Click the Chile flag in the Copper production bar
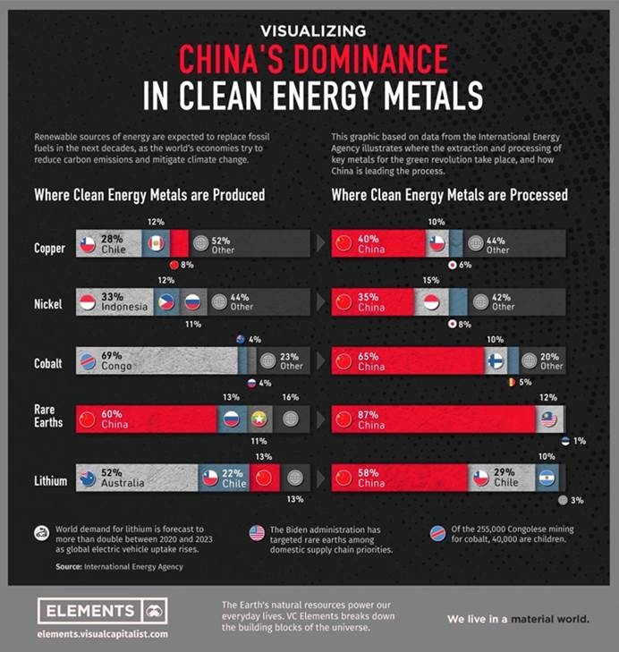click(87, 244)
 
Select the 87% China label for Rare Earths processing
click(371, 419)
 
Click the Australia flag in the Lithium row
click(87, 478)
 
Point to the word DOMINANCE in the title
click(313, 59)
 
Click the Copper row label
click(49, 248)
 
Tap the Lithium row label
click(49, 481)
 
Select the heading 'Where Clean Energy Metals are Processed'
click(449, 194)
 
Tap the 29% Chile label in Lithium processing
click(505, 478)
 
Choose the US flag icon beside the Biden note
click(257, 533)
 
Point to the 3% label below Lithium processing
click(578, 501)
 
